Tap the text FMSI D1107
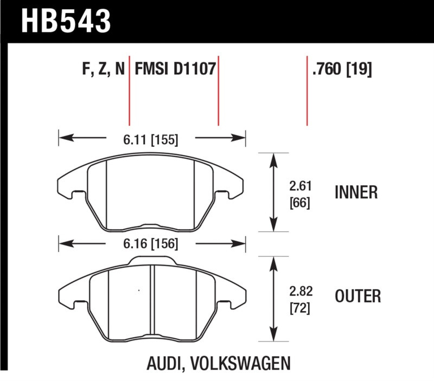175,70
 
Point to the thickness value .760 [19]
342,70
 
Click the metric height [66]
300,205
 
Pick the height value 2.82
300,290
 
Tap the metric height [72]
300,308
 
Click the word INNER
356,192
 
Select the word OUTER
358,296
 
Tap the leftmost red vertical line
129,89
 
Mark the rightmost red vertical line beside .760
307,89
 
